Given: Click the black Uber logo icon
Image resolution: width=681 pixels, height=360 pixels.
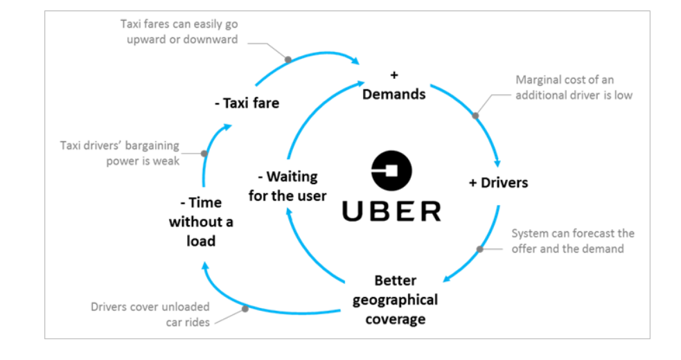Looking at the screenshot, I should pos(391,170).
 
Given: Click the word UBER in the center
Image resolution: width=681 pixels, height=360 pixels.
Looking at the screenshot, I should pos(391,211).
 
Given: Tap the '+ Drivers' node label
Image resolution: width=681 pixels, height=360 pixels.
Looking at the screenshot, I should pos(497,183).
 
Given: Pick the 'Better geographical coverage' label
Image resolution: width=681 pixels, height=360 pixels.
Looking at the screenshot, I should pos(395,300).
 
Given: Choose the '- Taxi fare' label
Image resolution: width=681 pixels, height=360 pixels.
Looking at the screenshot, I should pos(246,103).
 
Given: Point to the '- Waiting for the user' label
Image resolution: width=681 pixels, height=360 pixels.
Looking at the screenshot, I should pos(287,186).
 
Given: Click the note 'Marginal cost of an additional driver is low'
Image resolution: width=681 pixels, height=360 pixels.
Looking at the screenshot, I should pos(574,87).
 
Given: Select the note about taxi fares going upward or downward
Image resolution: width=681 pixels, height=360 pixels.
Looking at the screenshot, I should pos(179,32).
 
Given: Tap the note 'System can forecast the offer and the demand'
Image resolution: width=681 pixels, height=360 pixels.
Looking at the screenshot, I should pos(573,241).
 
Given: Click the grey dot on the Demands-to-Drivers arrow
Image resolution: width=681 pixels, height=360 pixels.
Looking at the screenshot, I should pos(475,116).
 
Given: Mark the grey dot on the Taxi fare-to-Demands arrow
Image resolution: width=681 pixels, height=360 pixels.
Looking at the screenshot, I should pos(288,60).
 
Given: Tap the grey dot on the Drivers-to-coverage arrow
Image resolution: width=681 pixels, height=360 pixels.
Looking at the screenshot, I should pos(479,249).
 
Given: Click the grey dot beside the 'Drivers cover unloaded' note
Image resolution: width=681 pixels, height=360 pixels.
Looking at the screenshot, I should pos(245,309).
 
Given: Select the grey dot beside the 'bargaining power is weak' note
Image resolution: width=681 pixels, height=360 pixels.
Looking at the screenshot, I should pos(204,153).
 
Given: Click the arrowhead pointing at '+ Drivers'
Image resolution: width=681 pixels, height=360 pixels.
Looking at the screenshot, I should pos(497,163).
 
